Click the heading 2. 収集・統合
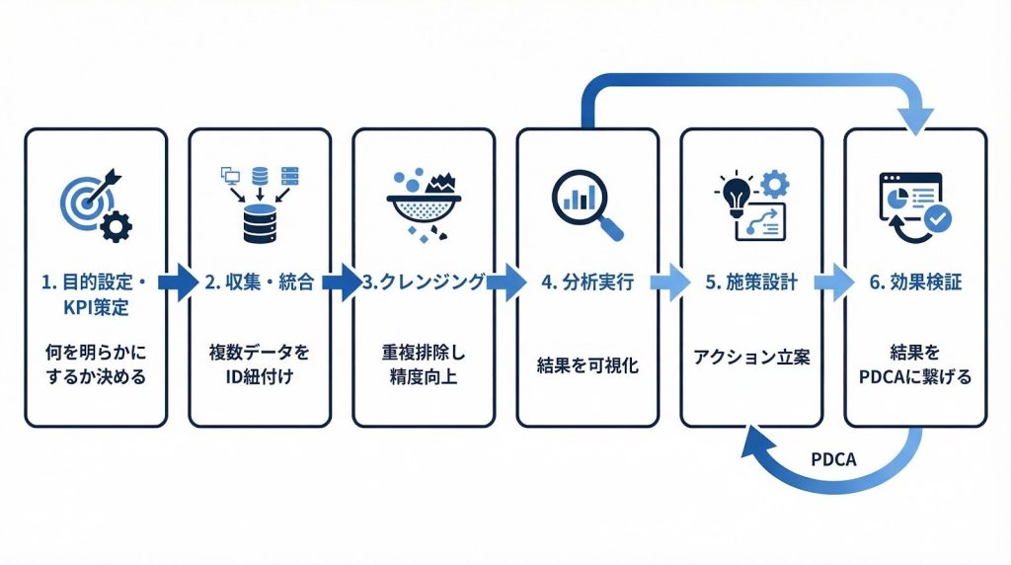tap(260, 282)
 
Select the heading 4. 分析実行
tap(587, 282)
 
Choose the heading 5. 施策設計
tap(751, 282)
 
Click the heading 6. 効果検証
tap(915, 282)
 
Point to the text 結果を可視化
tap(587, 364)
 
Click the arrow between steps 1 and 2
tap(177, 282)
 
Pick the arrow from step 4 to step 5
tap(670, 282)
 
